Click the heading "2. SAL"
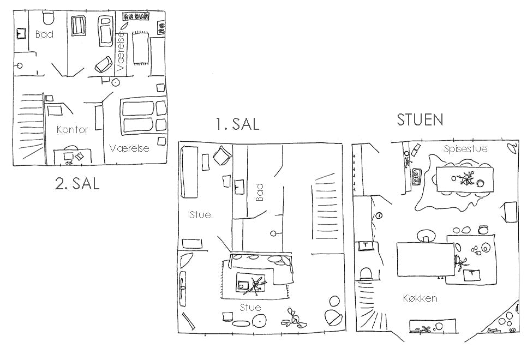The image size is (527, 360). [x=77, y=183]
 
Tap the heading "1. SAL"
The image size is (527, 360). [x=238, y=124]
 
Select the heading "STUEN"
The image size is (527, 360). [x=420, y=119]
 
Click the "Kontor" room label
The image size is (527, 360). [x=72, y=130]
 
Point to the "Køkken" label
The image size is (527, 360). [x=420, y=298]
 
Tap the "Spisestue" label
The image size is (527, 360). [x=465, y=148]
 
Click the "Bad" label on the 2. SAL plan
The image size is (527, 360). [x=44, y=34]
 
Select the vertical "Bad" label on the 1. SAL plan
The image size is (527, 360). [x=260, y=192]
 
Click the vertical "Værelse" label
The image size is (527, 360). [x=121, y=51]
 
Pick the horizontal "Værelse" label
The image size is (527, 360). [x=129, y=148]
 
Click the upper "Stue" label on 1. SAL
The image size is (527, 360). [x=200, y=214]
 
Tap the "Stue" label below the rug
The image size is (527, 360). [x=250, y=307]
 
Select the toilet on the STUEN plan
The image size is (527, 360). [x=367, y=274]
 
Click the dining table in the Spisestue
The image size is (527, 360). [x=466, y=179]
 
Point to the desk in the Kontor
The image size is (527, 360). [x=73, y=157]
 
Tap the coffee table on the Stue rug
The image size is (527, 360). [x=250, y=283]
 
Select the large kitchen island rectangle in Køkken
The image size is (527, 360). [x=426, y=259]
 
